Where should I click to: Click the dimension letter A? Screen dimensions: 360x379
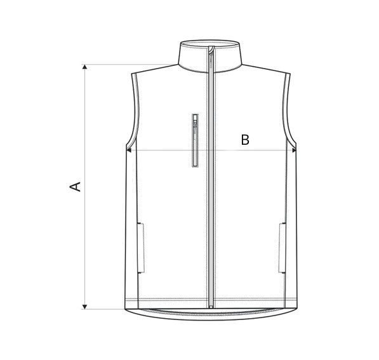click(x=76, y=186)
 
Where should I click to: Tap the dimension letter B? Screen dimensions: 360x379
click(x=245, y=140)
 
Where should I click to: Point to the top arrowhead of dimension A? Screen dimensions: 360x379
click(x=84, y=67)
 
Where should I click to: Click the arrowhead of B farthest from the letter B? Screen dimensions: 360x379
click(x=130, y=150)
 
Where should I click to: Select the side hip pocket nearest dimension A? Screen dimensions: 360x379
click(x=141, y=246)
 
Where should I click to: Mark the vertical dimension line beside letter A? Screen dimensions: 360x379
click(x=84, y=241)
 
